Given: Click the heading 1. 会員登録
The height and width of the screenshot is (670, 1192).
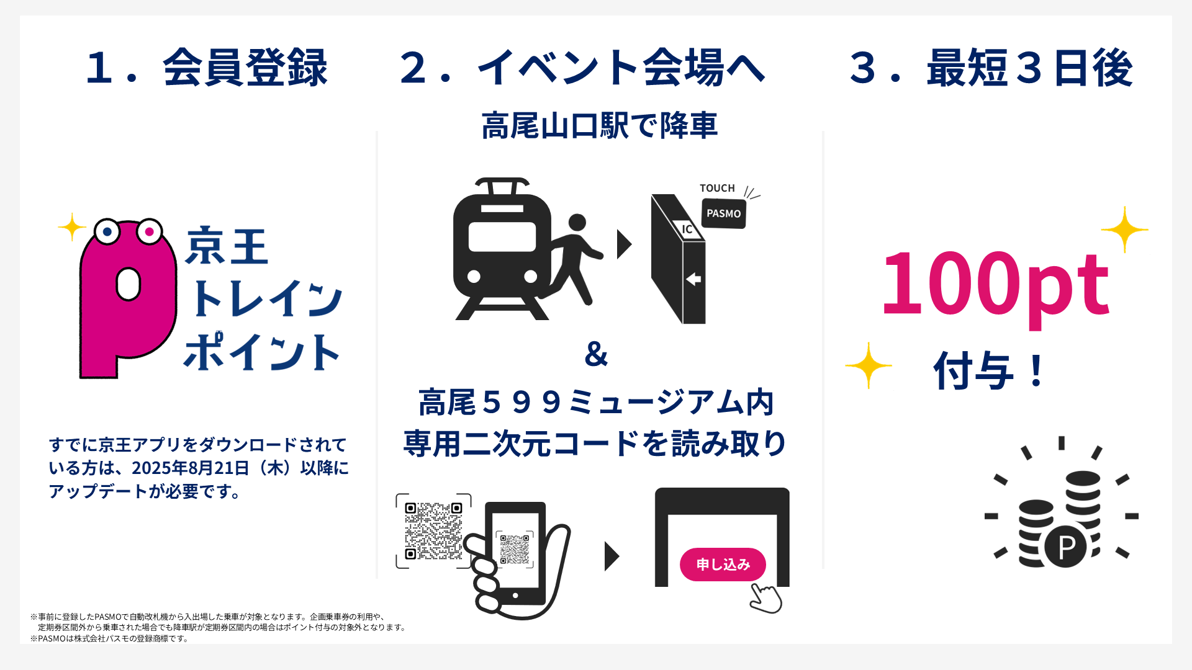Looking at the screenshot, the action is point(207,68).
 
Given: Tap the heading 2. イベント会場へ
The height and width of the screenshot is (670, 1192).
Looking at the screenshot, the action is point(582,68).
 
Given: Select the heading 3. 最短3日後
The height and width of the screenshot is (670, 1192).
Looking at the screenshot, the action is point(991,68).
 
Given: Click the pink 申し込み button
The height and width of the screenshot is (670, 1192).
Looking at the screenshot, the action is point(723,565).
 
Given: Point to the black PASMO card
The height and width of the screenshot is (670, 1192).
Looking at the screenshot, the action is point(724,213).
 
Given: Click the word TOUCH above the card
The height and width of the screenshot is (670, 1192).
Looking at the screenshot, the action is point(717,188).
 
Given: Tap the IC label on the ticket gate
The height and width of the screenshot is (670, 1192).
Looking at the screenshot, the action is point(687,229).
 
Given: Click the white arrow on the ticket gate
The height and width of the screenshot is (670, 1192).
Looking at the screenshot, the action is point(693,279).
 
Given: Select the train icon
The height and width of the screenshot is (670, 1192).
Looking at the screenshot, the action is point(502,248).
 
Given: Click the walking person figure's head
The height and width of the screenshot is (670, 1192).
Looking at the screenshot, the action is point(577,222).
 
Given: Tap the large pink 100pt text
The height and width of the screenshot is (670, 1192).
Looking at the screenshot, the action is point(995,284).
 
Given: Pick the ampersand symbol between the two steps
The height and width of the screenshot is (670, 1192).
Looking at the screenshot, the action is point(596,354).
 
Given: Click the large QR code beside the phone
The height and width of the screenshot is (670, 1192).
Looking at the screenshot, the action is point(433,531).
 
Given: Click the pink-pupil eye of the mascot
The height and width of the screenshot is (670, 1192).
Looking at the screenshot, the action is point(149,232).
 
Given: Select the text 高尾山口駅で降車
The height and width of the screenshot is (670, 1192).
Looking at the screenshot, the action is point(599,126).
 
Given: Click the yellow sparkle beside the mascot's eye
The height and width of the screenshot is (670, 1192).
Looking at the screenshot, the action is point(72,227).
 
